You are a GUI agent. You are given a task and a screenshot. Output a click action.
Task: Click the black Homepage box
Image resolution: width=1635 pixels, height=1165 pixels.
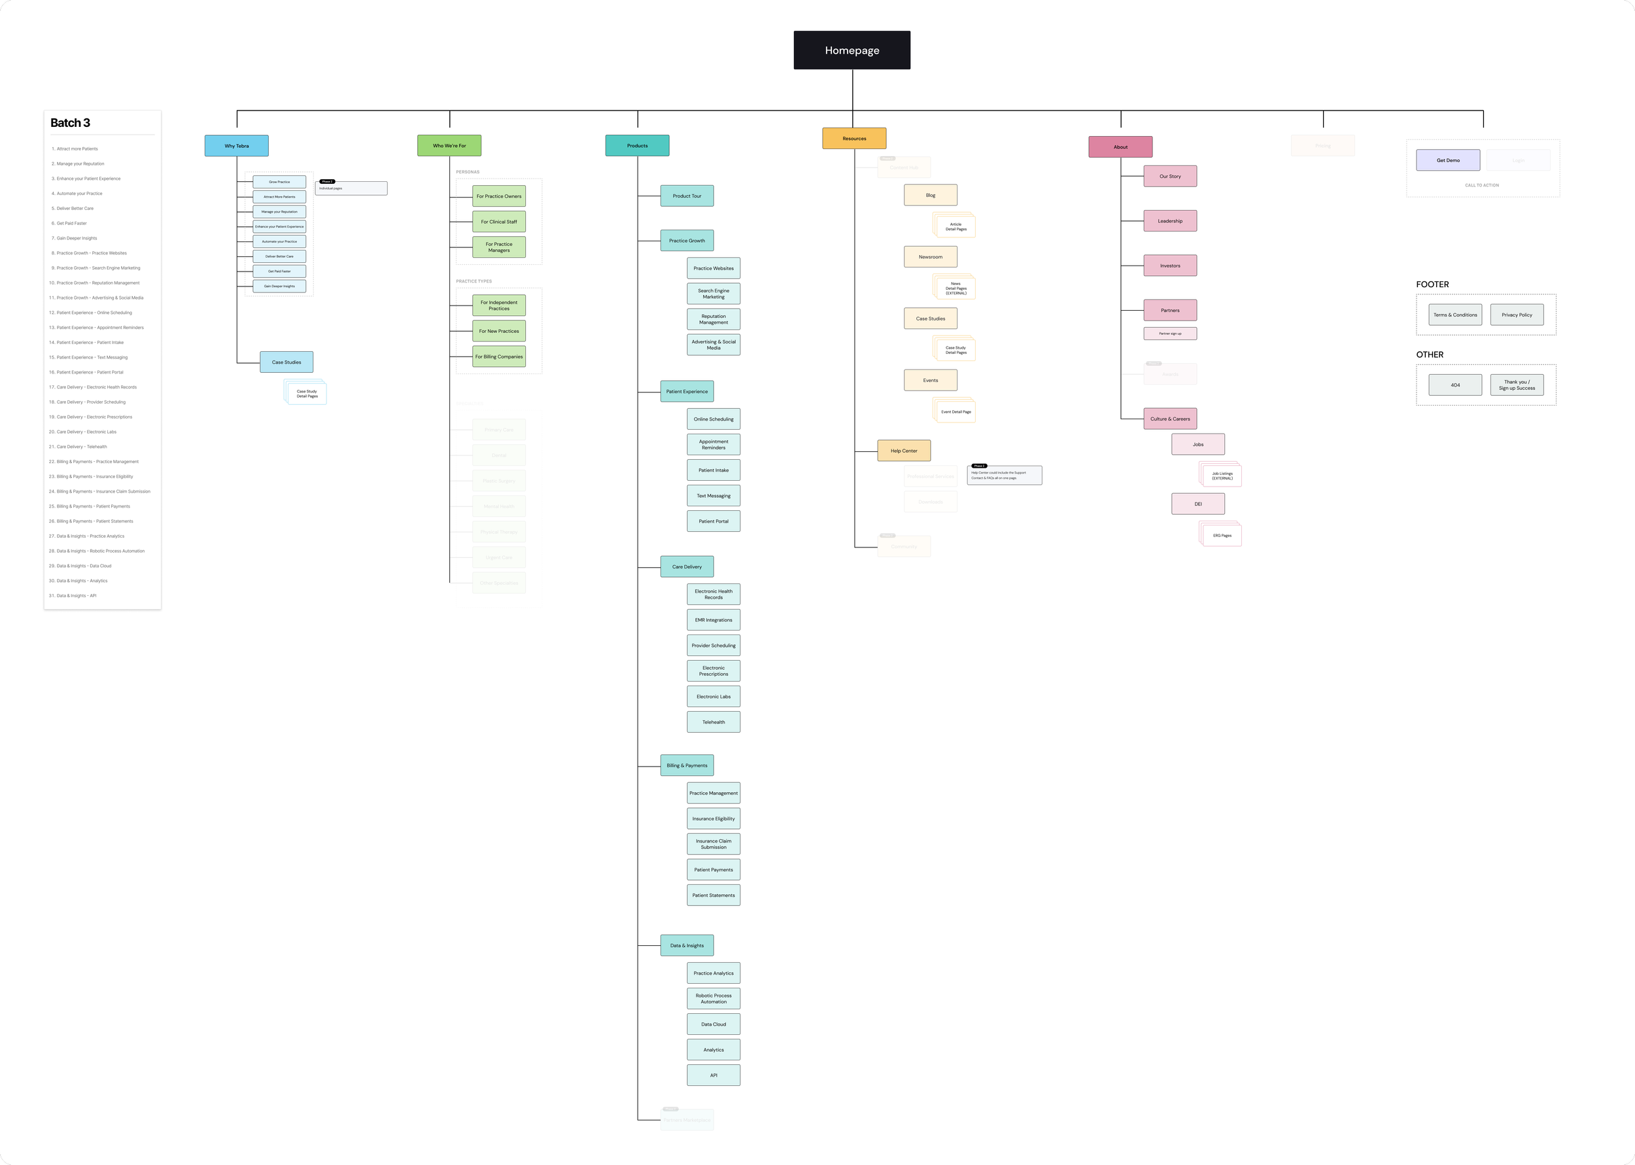(x=852, y=50)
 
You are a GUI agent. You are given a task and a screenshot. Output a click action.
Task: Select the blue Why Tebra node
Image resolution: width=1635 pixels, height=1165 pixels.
(x=237, y=146)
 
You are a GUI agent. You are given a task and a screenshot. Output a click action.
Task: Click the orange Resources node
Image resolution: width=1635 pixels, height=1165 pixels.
(x=854, y=139)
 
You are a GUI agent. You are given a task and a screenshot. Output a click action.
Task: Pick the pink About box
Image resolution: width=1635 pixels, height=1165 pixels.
(x=1120, y=147)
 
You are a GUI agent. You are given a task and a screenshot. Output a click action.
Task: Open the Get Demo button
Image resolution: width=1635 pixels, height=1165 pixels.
(x=1448, y=160)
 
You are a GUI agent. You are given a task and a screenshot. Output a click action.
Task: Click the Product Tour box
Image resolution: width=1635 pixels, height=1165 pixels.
(x=686, y=196)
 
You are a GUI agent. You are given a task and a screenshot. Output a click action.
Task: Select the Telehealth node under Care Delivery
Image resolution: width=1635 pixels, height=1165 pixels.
(x=713, y=722)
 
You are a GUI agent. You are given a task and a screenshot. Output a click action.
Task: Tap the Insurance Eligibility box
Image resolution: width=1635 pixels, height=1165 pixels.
(x=713, y=818)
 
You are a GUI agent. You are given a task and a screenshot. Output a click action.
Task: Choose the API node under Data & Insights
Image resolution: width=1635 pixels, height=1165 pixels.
(x=713, y=1075)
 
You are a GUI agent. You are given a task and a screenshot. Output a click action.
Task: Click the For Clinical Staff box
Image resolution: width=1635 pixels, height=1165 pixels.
(x=498, y=222)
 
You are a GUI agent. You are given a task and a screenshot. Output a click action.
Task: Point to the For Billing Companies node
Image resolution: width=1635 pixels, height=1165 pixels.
(x=498, y=356)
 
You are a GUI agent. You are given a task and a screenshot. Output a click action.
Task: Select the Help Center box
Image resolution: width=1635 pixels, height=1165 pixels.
(x=904, y=451)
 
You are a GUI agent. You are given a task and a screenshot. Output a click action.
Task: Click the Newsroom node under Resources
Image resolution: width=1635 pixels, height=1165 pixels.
(x=930, y=257)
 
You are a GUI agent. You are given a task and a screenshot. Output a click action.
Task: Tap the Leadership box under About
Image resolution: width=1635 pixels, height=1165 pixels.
(x=1169, y=221)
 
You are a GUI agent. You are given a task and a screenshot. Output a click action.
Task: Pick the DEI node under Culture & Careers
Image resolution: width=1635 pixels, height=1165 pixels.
(x=1197, y=504)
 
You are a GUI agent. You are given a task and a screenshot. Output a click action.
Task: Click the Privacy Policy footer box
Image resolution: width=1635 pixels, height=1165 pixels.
(x=1517, y=315)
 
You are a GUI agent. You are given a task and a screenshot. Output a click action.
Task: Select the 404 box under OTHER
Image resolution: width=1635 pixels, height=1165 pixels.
(x=1455, y=385)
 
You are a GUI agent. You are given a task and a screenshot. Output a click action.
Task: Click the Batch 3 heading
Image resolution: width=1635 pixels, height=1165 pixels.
(x=70, y=123)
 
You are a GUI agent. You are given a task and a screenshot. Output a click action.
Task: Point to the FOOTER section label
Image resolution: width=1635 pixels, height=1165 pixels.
(x=1432, y=285)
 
